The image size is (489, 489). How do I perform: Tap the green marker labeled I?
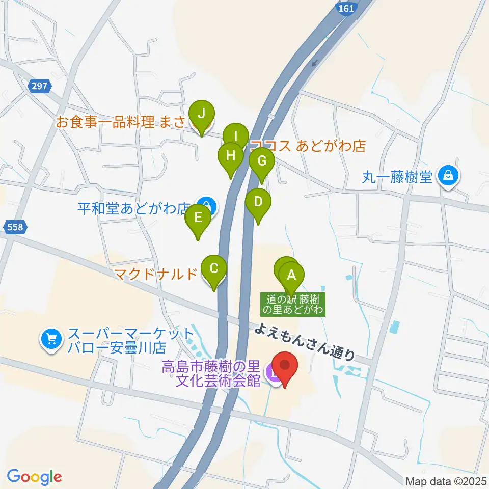[235, 137]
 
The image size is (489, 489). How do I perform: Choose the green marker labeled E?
[198, 219]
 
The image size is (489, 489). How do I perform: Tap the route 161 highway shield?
[346, 9]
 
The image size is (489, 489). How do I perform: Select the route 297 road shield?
[40, 87]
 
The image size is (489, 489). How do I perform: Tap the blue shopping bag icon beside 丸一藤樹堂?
[448, 176]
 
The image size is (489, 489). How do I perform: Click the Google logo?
[34, 476]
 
